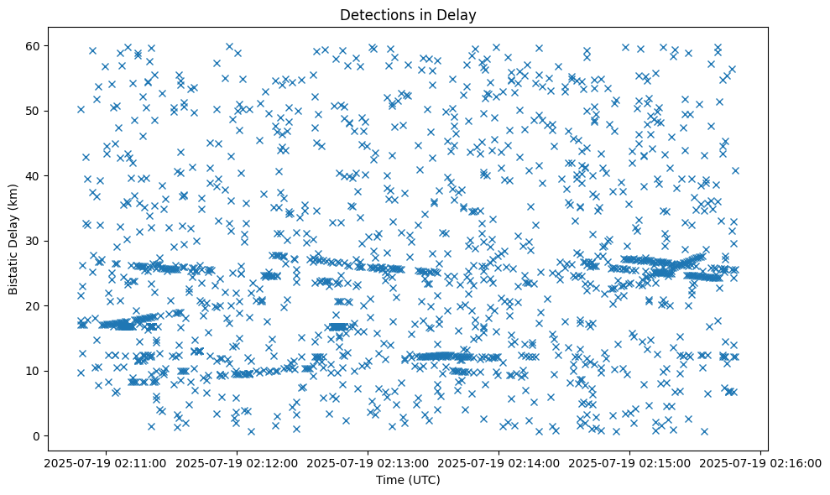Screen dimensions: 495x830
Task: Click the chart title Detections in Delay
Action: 408,14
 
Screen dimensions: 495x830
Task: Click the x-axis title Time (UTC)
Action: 408,481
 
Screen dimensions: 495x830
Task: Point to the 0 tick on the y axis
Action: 37,436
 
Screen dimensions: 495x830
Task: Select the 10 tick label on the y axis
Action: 34,371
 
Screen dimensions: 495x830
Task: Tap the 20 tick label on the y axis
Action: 34,306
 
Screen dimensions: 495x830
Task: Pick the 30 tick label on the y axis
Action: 34,241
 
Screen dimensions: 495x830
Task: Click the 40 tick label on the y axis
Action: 34,176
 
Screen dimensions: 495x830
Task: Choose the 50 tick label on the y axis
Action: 34,111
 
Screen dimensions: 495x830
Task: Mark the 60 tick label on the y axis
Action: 34,46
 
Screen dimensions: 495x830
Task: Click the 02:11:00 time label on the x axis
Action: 106,462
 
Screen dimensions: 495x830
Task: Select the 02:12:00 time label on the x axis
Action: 237,462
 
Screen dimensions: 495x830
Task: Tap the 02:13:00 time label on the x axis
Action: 368,462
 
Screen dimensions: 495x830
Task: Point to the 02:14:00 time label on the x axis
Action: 499,462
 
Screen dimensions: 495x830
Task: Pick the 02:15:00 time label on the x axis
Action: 629,462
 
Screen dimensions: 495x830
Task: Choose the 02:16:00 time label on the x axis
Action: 760,462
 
